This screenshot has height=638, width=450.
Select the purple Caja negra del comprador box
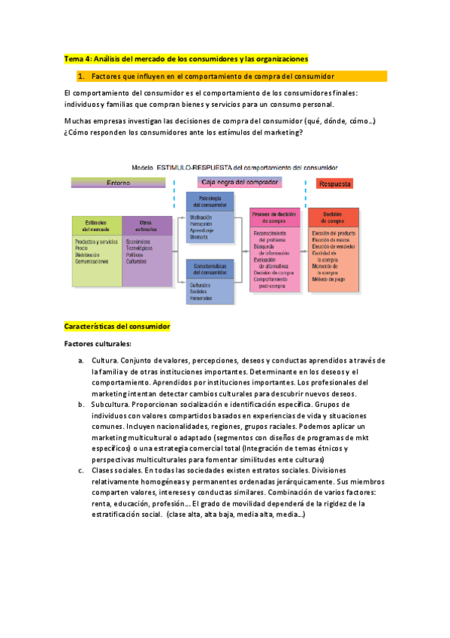240,182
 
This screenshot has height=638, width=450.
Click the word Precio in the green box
83,248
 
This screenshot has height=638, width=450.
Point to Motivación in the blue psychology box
202,218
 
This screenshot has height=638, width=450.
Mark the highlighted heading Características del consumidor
117,327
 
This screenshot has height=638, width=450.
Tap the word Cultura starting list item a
104,360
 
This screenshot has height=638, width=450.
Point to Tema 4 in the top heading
77,58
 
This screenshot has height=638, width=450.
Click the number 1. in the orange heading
80,76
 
